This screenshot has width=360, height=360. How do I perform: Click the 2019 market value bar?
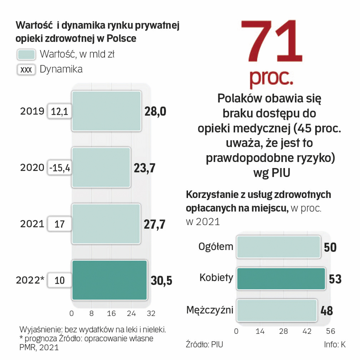coord(106,111)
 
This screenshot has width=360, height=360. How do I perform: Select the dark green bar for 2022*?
coord(110,280)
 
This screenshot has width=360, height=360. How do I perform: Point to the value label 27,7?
coord(155,224)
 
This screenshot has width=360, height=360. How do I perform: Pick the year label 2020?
coord(32,168)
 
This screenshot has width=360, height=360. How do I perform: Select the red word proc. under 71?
coord(271,77)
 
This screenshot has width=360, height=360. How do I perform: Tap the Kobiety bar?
coord(281,278)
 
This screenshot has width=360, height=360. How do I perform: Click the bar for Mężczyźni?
coord(276,310)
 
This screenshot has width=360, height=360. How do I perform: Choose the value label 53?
coord(335,279)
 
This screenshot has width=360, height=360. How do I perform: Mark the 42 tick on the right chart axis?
coord(307,331)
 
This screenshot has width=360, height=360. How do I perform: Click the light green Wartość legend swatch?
coord(26,55)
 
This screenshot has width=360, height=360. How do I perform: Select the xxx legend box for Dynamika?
coord(26,70)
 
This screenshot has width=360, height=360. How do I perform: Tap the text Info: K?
coord(334,345)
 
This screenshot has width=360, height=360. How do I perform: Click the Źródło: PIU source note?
coord(204,345)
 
